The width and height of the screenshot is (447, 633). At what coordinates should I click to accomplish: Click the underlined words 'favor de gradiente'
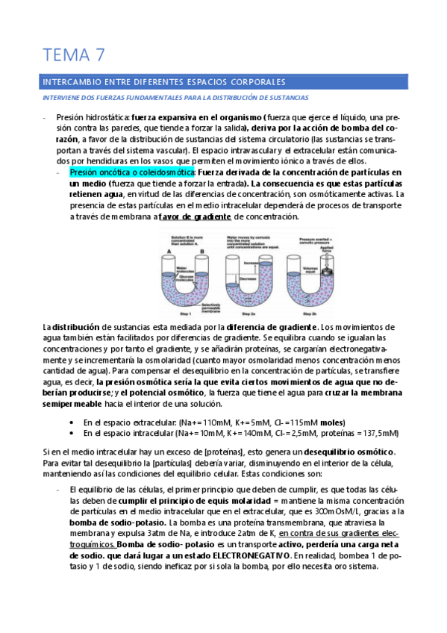(194, 216)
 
